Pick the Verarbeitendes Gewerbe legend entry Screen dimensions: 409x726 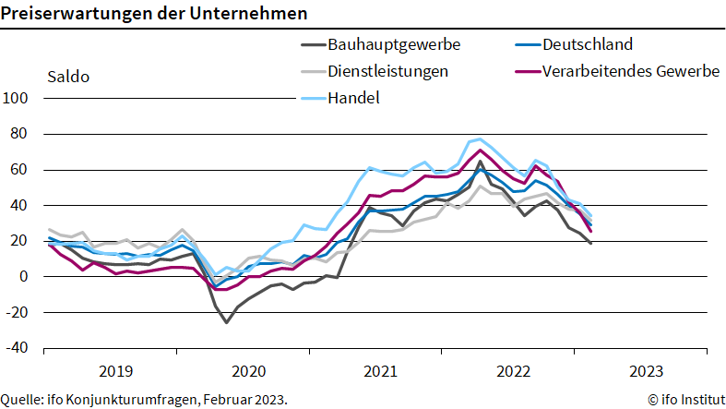(x=630, y=71)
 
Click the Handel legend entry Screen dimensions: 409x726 (x=353, y=98)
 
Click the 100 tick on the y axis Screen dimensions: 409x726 (x=18, y=99)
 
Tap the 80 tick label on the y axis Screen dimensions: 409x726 (x=21, y=135)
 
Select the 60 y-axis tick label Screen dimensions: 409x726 (x=21, y=170)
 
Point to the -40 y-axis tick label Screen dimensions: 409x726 (x=18, y=349)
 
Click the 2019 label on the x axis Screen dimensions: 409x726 (x=114, y=371)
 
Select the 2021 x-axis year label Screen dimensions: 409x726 (x=380, y=371)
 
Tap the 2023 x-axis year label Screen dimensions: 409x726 (x=645, y=371)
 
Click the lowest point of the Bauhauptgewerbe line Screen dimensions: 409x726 (x=226, y=322)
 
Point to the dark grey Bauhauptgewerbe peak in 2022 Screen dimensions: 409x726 (x=480, y=161)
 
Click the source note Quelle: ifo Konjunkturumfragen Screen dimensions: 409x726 (x=144, y=399)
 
